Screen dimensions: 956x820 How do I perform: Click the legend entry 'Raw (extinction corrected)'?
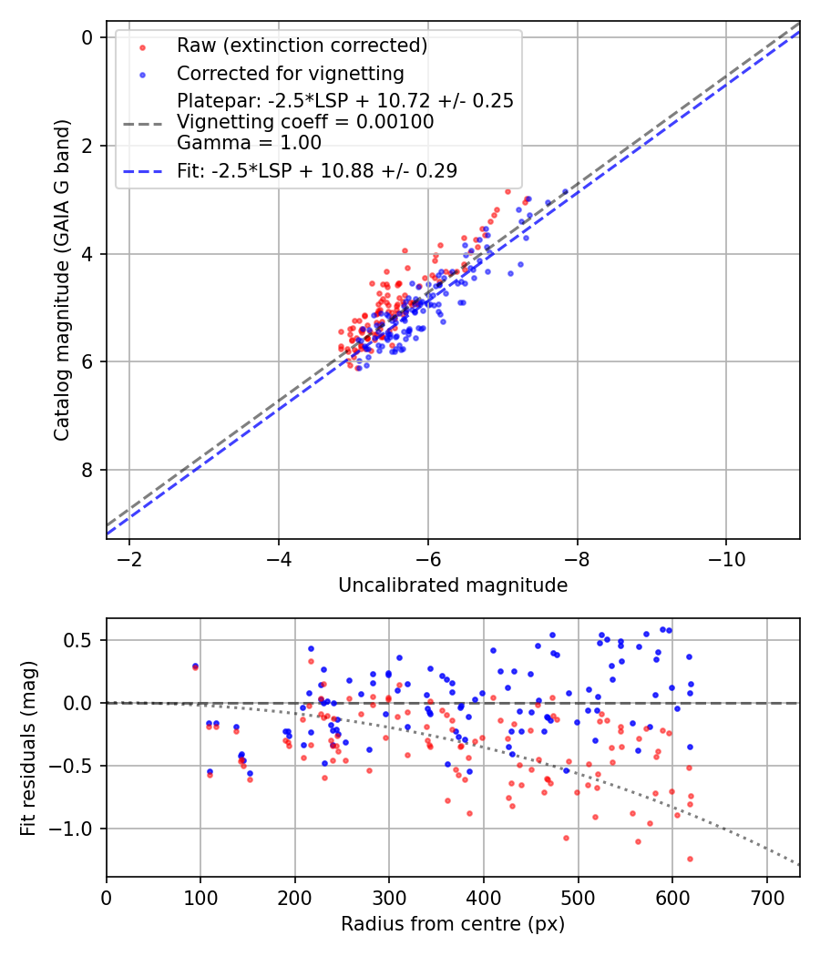pos(302,46)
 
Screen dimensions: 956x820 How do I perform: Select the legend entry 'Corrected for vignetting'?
pos(291,73)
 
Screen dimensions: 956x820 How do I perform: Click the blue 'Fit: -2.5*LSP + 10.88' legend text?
pos(317,170)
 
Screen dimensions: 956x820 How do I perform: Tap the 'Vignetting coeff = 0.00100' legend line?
pos(305,121)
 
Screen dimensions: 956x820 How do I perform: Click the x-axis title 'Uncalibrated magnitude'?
pos(453,585)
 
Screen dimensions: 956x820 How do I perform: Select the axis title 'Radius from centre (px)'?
pos(453,924)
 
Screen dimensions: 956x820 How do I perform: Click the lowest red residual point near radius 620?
pos(690,859)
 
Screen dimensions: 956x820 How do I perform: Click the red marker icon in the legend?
pos(142,46)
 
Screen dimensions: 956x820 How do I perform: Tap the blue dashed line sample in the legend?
pos(142,170)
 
